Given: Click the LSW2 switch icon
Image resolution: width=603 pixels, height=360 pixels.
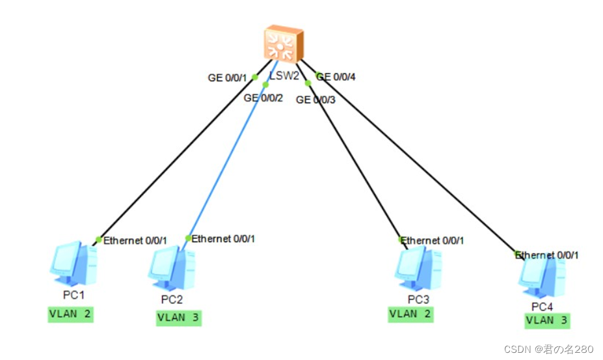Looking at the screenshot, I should (x=283, y=44).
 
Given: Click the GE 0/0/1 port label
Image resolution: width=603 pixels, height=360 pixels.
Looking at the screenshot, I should (x=227, y=78).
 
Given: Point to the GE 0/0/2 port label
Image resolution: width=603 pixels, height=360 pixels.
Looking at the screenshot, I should (x=263, y=98).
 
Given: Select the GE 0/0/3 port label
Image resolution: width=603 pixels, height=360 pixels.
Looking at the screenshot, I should (x=316, y=100).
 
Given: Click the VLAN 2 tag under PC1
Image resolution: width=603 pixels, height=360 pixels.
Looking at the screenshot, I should (x=71, y=314).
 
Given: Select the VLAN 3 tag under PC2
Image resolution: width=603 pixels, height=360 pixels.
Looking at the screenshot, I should (x=178, y=318).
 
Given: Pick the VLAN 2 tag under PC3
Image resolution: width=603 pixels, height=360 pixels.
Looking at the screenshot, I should (x=410, y=314).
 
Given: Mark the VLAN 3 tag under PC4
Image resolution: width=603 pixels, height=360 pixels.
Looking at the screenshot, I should (x=548, y=320).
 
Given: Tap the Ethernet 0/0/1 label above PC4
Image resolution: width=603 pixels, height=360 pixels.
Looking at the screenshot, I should (x=547, y=255).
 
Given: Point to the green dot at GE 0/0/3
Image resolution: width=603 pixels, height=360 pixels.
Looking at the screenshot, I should (x=308, y=83).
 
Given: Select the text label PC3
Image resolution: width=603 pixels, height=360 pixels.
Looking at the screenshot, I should (x=418, y=299).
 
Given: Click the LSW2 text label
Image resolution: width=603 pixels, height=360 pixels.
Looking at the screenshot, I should (x=284, y=76).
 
